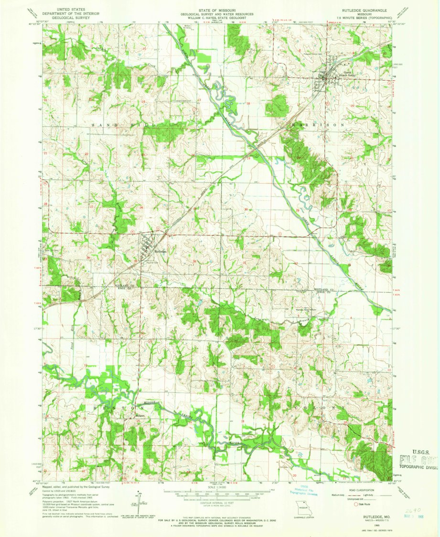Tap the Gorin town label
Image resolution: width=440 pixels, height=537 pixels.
click(327, 72)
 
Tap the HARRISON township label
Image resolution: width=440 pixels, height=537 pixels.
click(317, 125)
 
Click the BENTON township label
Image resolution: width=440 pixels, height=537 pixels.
click(110, 407)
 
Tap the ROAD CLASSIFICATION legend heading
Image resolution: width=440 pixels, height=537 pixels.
click(363, 490)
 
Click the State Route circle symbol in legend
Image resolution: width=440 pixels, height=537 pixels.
click(354, 504)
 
